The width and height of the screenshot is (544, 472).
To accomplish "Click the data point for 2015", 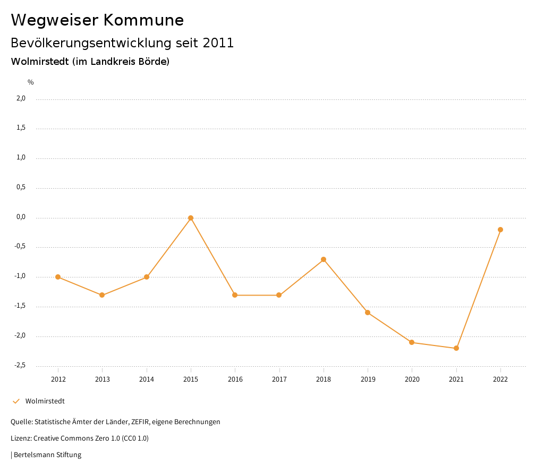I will pos(191,218).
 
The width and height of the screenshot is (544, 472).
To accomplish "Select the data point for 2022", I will pos(500,230).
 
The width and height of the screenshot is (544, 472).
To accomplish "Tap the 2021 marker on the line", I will pos(456,348).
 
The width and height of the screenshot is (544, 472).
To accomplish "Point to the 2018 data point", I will pos(324,259).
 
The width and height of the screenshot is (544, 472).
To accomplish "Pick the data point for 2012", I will pos(58,277).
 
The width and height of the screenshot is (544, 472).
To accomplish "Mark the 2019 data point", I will pos(368,313).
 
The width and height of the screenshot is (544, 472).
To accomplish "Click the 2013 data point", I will pos(102,295).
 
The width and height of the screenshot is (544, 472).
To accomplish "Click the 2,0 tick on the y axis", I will pos(21,98).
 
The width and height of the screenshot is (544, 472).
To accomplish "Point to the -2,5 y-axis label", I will pos(20,365).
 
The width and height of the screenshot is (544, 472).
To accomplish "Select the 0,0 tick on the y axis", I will pos(21,217).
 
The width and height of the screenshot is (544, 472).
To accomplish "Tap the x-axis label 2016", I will pos(235,379).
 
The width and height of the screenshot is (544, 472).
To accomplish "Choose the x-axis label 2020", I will pos(412,379).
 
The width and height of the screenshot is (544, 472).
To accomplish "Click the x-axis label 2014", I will pos(147,379).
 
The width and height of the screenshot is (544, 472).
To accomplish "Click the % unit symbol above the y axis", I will pos(31,82).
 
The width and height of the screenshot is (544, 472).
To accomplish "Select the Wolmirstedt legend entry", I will pos(45,401).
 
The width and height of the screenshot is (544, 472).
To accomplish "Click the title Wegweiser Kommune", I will pos(97,20).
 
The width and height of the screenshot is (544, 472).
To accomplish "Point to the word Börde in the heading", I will pos(155,62).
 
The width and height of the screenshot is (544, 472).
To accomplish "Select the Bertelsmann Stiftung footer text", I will pos(47,455).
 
